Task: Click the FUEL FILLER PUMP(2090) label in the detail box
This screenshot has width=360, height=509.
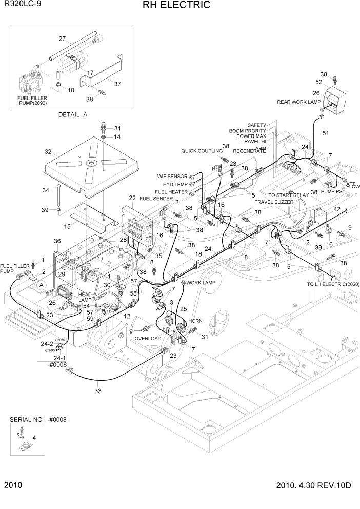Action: [31, 100]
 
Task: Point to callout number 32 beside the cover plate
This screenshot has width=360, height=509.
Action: [48, 152]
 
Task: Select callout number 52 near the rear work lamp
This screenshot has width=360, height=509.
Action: [318, 82]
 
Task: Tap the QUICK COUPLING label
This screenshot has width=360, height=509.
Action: [202, 151]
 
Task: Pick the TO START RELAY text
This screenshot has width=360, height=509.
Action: [289, 195]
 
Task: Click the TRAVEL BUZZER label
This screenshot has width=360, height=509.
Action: [274, 202]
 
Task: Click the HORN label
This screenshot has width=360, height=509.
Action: [195, 321]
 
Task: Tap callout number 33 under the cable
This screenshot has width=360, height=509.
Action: [98, 390]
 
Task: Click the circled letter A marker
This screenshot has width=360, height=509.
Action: [27, 284]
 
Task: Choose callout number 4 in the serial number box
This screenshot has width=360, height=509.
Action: [34, 437]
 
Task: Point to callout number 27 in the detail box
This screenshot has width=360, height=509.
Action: [62, 39]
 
